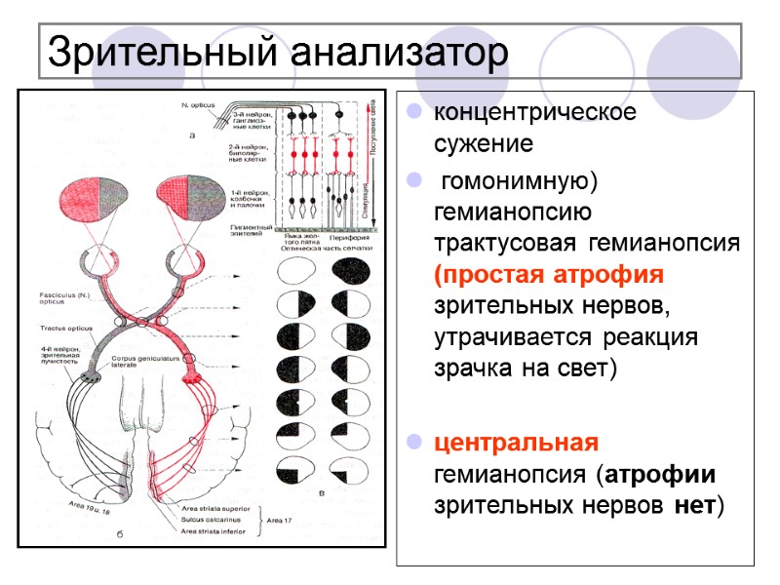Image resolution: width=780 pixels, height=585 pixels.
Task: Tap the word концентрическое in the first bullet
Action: point(534,112)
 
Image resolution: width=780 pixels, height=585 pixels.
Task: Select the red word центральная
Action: point(516,444)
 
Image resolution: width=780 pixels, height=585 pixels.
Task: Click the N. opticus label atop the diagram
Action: point(198,103)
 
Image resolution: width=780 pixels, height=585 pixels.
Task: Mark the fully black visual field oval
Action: point(351,269)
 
